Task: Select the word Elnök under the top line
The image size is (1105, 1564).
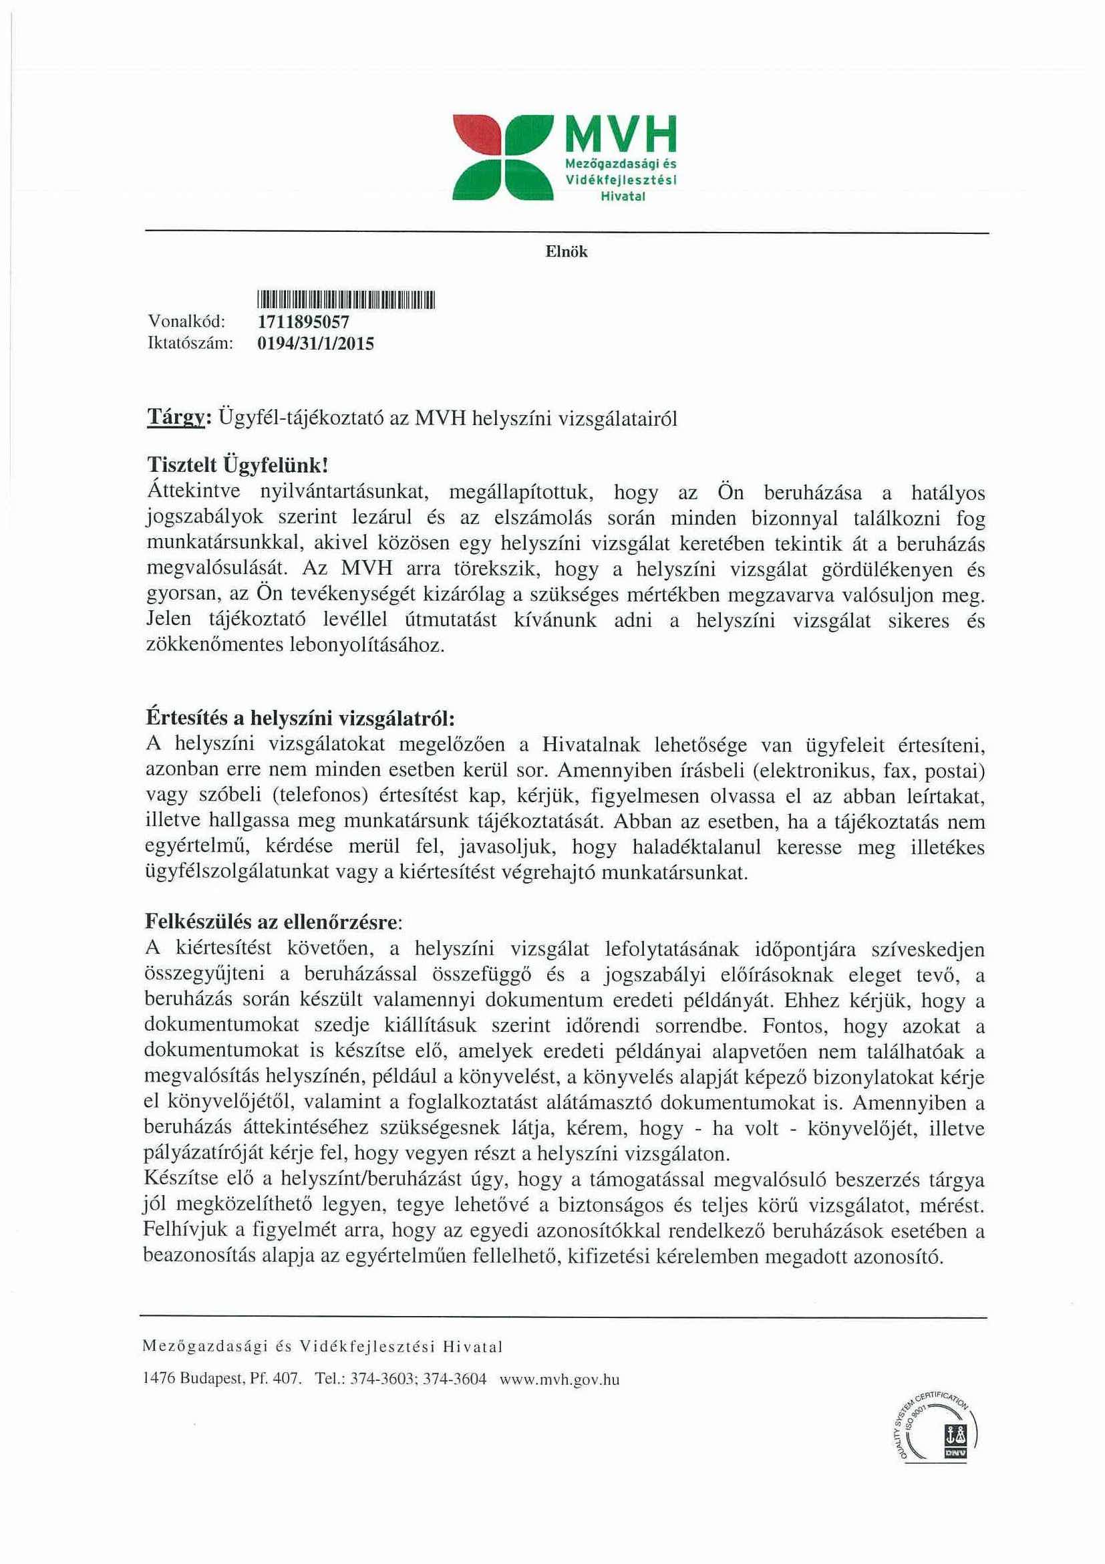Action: [566, 252]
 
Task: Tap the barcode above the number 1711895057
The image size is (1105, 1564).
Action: [345, 299]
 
